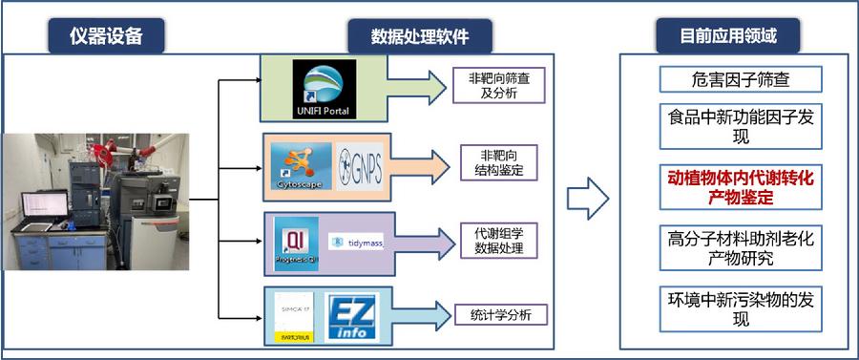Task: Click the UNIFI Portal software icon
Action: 324,89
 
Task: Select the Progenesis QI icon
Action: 296,241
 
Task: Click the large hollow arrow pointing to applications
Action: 588,199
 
